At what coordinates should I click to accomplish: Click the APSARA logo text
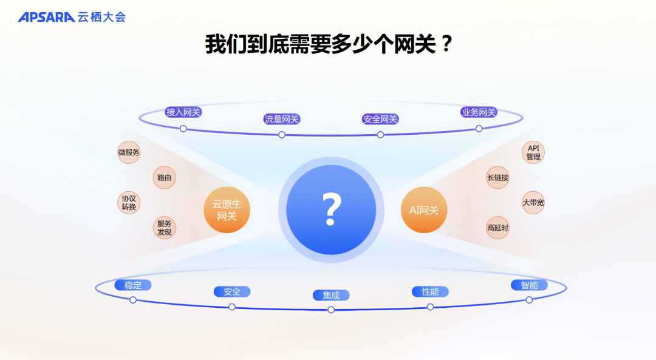coord(46,17)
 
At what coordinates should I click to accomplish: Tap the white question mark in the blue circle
coord(331,209)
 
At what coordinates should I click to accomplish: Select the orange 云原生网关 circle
coord(227,210)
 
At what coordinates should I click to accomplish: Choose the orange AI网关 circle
coord(424,210)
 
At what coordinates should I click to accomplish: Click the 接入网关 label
coord(183,112)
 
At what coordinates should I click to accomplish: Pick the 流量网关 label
coord(282,119)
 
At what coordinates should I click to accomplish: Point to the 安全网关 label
coord(380,119)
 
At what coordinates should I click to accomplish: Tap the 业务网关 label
coord(479,112)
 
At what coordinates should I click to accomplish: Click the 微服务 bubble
coord(129,152)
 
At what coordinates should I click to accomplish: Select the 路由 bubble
coord(164,178)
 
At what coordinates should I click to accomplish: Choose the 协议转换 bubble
coord(129,203)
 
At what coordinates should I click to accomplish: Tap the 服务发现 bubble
coord(164,228)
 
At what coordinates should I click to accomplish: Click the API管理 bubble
coord(533,152)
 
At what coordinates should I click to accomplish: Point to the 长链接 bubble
coord(497,178)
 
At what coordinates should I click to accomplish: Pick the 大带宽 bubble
coord(533,203)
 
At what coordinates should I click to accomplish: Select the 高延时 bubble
coord(497,228)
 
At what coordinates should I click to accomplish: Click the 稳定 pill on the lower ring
coord(133,285)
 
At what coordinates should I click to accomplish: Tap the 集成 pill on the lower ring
coord(331,296)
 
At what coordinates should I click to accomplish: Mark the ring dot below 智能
coord(529,300)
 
